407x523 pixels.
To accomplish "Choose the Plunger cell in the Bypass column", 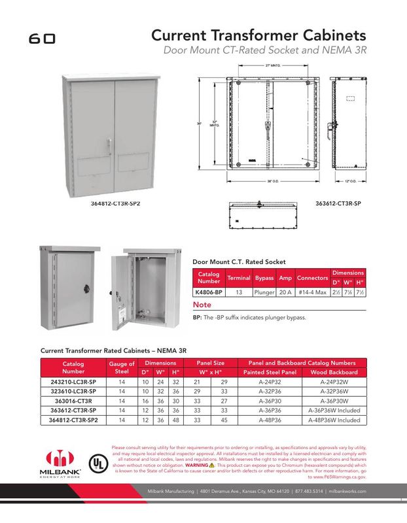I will (x=264, y=293).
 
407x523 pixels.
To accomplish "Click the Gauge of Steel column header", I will (x=122, y=367).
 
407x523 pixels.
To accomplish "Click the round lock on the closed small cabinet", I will (x=86, y=286).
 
